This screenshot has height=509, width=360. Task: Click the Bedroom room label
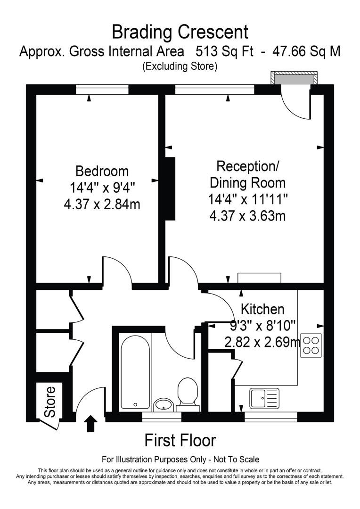pyautogui.click(x=102, y=171)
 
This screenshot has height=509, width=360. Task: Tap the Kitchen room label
pyautogui.click(x=262, y=309)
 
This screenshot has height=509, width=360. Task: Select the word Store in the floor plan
pyautogui.click(x=50, y=402)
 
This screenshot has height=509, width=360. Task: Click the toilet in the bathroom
pyautogui.click(x=187, y=391)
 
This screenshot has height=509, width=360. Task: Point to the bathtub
pyautogui.click(x=135, y=370)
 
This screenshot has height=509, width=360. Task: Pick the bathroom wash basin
pyautogui.click(x=164, y=404)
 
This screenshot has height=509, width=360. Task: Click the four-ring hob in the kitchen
pyautogui.click(x=311, y=344)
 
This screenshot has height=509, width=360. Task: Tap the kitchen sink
pyautogui.click(x=264, y=399)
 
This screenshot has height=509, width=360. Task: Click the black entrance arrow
pyautogui.click(x=90, y=424)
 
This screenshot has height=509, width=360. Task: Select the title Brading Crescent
pyautogui.click(x=180, y=32)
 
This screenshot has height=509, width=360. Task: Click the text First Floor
pyautogui.click(x=180, y=440)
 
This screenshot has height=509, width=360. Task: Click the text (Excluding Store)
pyautogui.click(x=180, y=66)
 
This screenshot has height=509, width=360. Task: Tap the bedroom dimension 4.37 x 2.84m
pyautogui.click(x=102, y=205)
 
